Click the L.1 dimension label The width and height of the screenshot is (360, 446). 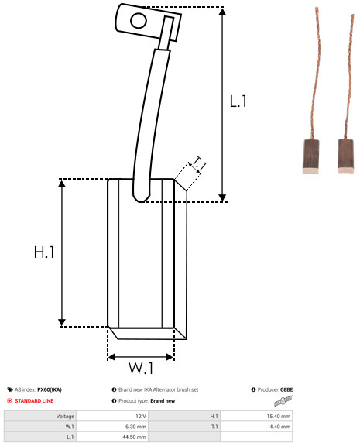238,101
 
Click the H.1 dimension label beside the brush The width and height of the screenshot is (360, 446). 44,252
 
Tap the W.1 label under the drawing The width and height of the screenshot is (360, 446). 142,368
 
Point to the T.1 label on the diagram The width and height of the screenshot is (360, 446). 199,163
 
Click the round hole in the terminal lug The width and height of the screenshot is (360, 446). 139,21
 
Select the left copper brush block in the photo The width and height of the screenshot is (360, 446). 310,156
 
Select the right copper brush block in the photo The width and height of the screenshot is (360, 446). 346,156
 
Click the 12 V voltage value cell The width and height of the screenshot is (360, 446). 112,416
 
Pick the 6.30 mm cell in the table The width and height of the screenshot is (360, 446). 112,427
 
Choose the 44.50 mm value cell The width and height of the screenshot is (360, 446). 112,437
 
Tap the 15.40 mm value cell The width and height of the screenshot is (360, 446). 256,416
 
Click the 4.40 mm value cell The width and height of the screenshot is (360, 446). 256,427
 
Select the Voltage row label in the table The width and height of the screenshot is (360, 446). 65,417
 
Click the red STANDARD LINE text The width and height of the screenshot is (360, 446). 34,401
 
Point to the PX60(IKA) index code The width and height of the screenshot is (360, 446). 50,389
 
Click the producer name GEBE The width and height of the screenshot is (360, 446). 286,389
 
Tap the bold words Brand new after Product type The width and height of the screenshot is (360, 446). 163,401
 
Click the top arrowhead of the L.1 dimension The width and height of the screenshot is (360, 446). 222,12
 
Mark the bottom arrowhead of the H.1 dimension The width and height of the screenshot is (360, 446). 62,323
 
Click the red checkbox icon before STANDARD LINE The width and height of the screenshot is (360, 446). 9,400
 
